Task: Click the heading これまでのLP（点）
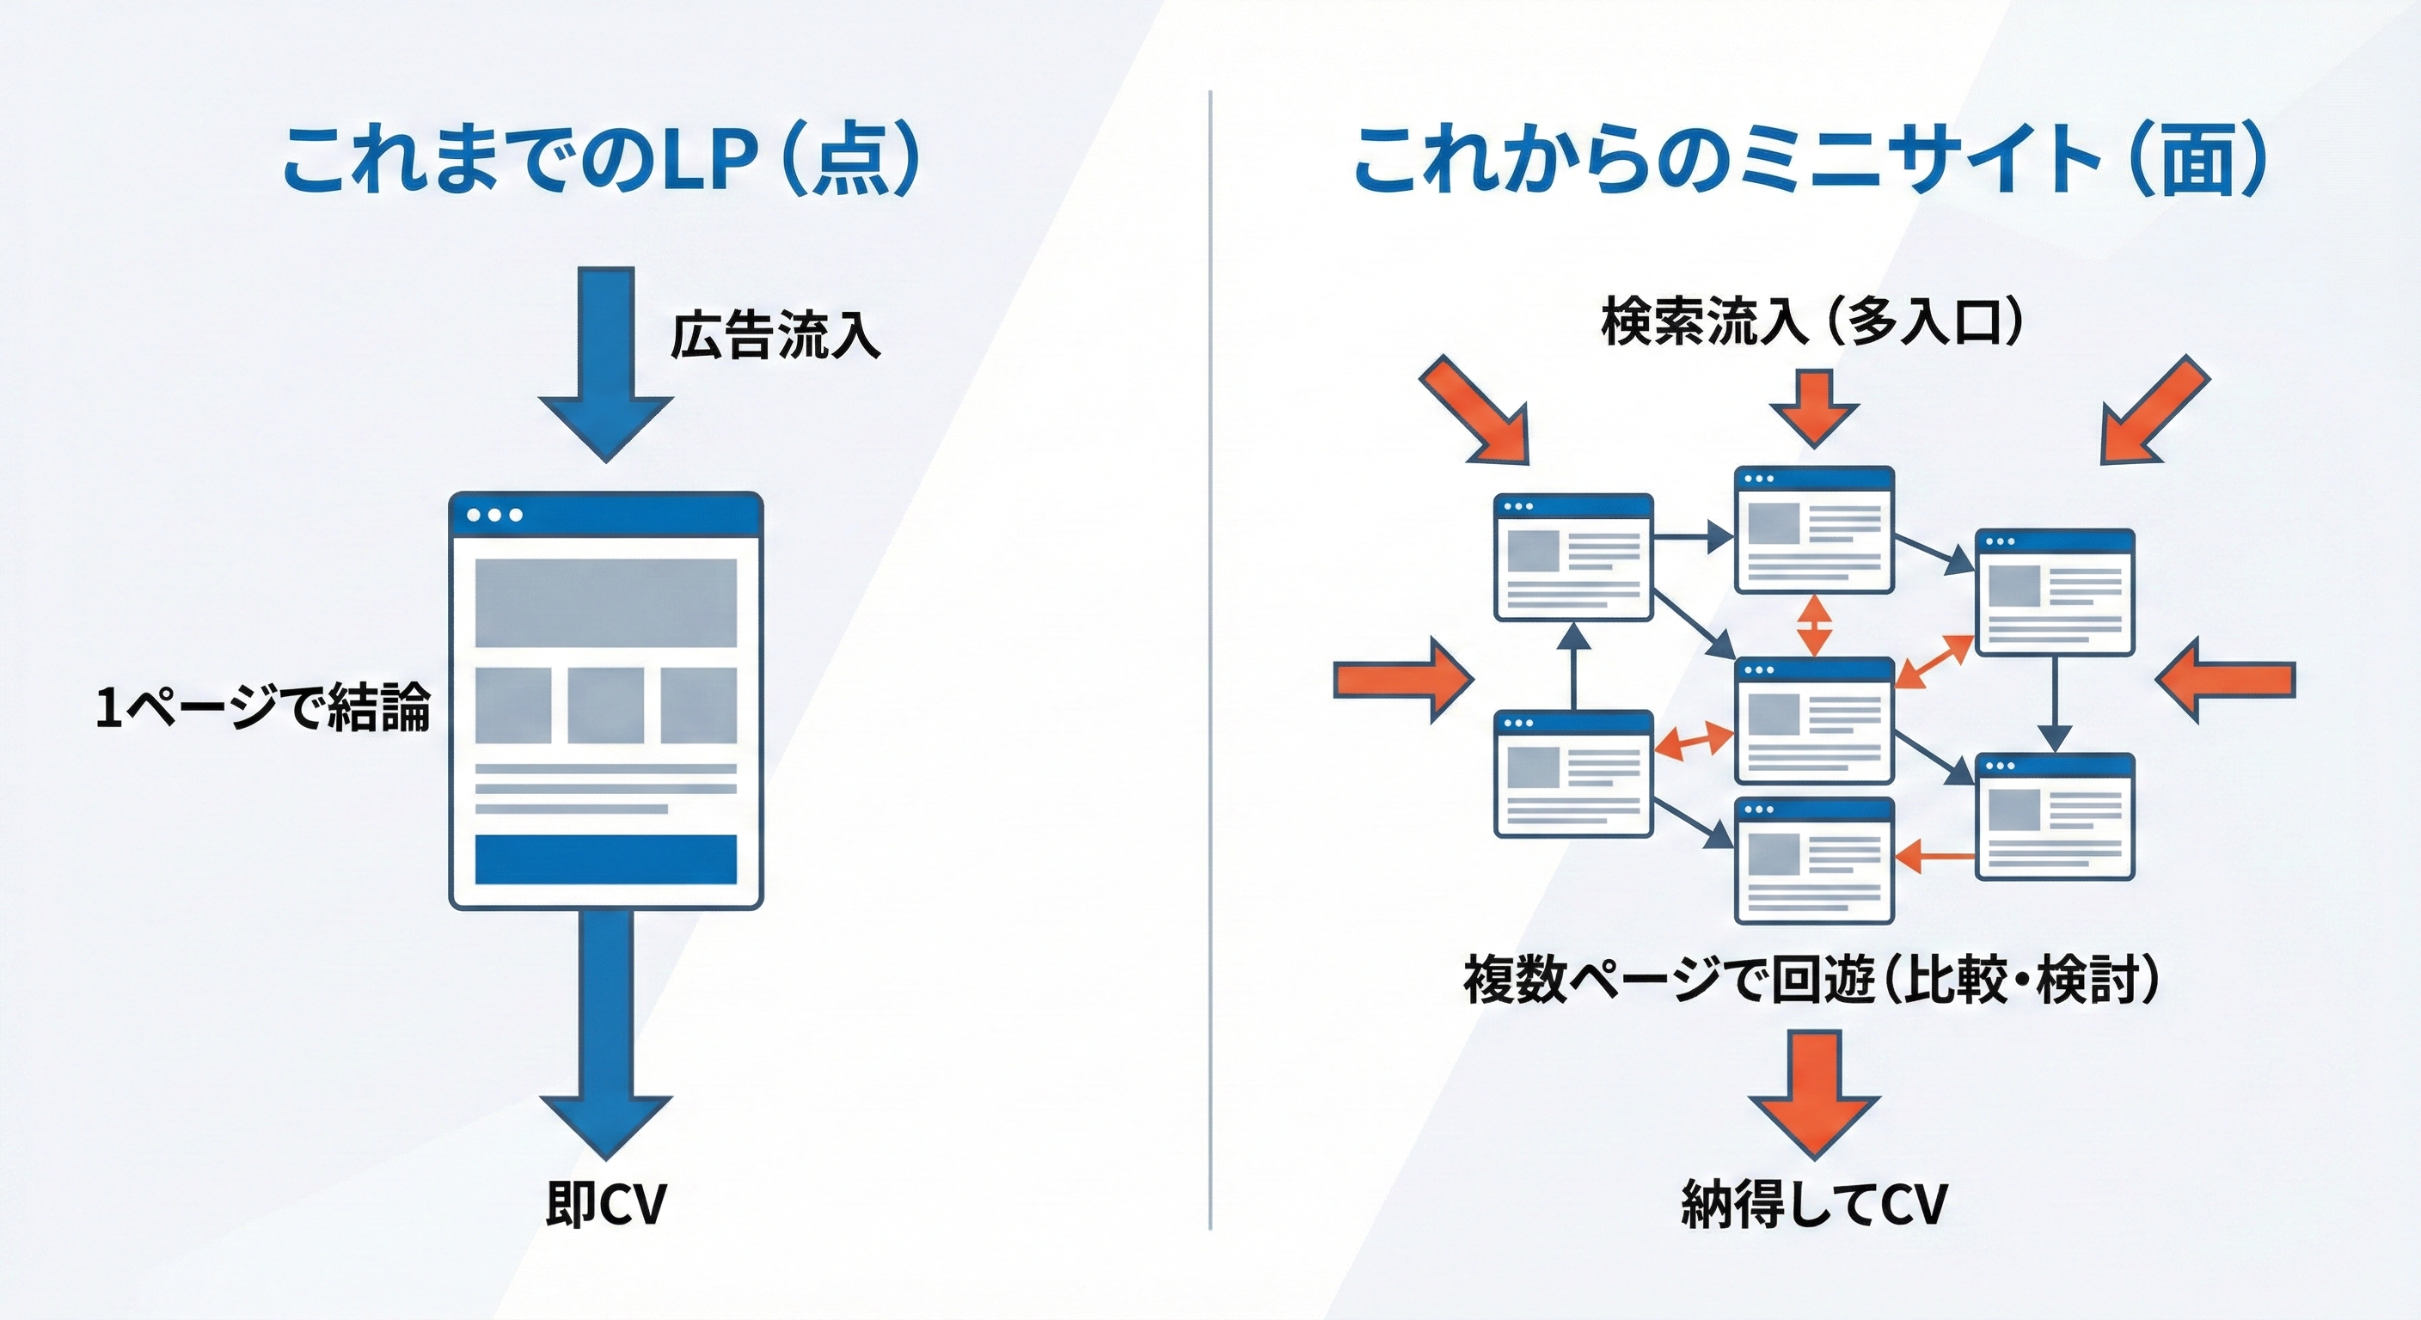pyautogui.click(x=601, y=161)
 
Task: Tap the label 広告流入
pyautogui.click(x=775, y=335)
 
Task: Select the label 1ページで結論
pyautogui.click(x=263, y=707)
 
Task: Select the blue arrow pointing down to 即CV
pyautogui.click(x=606, y=1034)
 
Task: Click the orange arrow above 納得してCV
pyautogui.click(x=1813, y=1090)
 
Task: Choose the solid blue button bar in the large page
pyautogui.click(x=605, y=859)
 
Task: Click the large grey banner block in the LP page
pyautogui.click(x=605, y=602)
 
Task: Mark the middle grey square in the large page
pyautogui.click(x=605, y=705)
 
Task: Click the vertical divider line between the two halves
pyautogui.click(x=1210, y=657)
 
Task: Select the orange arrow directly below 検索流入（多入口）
pyautogui.click(x=1813, y=406)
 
